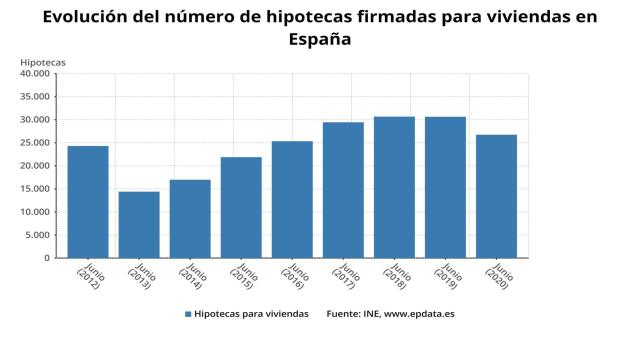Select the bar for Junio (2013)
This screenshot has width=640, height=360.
coord(139,225)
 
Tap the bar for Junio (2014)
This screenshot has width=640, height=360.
coord(190,219)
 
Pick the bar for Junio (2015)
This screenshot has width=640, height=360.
coord(241,207)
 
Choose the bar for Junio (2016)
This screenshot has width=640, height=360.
coord(292,199)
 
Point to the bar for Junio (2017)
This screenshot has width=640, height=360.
coord(343,190)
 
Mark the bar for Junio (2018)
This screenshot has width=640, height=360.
coord(394,187)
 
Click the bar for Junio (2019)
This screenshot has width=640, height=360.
coord(445,187)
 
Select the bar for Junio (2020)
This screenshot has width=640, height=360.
coord(496,196)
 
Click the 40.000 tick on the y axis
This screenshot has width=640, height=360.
coord(34,73)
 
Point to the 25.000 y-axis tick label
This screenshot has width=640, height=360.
coord(34,142)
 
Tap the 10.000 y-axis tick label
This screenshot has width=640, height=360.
coord(34,212)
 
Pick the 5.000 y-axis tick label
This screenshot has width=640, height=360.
coord(37,235)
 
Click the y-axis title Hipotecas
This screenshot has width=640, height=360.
coord(43,63)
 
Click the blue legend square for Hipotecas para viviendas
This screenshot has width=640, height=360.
coord(188,314)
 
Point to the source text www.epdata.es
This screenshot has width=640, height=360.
coord(420,314)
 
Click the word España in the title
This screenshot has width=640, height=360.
coord(320,39)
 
